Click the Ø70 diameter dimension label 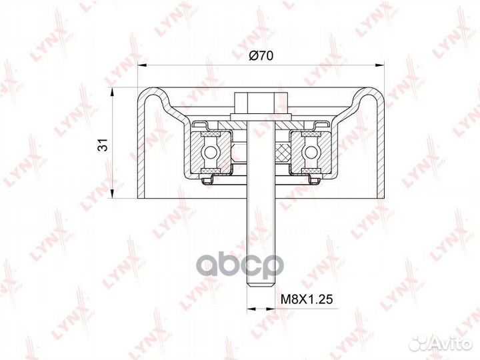[x=261, y=56]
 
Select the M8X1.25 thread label [x=307, y=299]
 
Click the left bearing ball [x=210, y=151]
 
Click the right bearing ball [x=311, y=151]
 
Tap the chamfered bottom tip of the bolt [x=261, y=285]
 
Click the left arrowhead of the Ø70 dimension [x=142, y=65]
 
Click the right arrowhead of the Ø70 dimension [x=379, y=65]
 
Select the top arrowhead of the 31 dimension [x=113, y=92]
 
